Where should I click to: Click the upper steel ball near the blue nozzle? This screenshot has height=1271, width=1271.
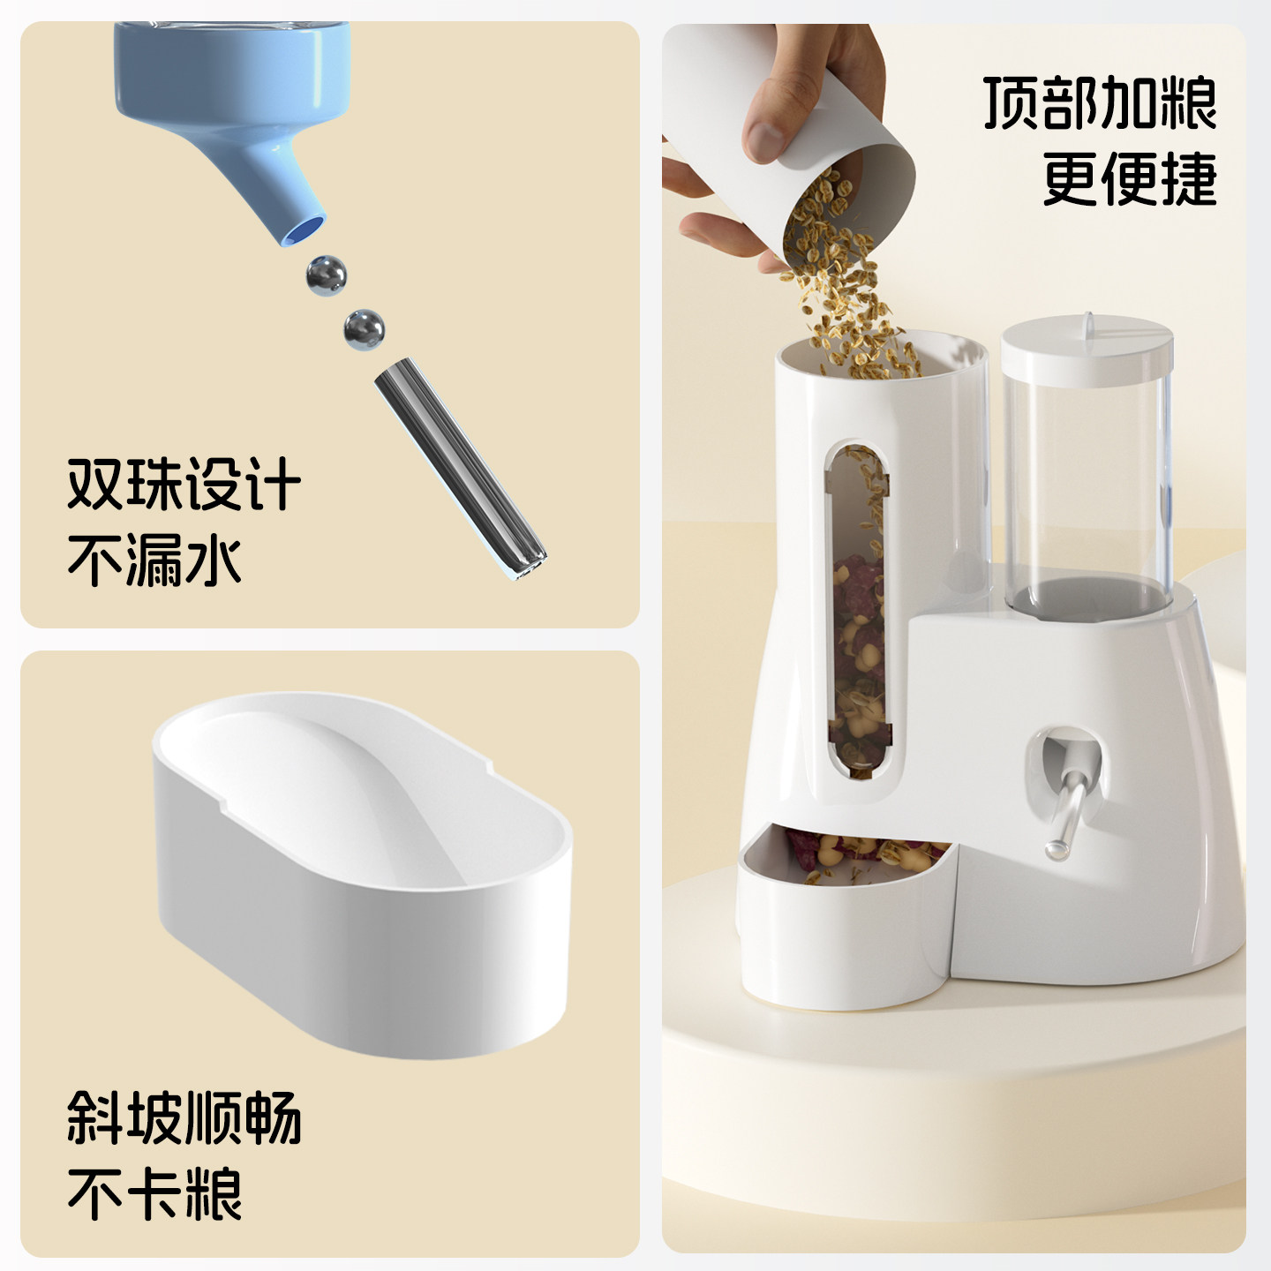click(326, 275)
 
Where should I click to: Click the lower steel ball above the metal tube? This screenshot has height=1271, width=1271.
click(364, 329)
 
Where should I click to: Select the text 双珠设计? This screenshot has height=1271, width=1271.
click(184, 484)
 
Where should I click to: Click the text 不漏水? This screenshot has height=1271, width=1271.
click(154, 560)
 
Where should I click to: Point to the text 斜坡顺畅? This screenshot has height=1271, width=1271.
click(184, 1117)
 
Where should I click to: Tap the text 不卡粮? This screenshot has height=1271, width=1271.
click(154, 1193)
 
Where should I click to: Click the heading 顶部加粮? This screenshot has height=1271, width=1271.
click(1100, 103)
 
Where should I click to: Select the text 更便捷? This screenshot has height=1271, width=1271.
click(1129, 179)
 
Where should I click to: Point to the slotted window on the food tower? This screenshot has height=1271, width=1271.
click(856, 609)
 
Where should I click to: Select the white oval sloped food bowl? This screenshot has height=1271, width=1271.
click(362, 874)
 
